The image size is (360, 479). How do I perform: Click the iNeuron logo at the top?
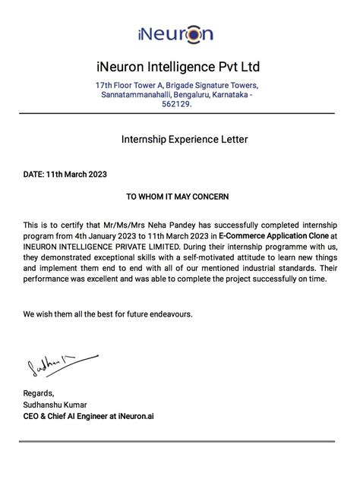click(x=175, y=33)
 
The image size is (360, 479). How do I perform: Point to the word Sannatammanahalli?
click(x=138, y=95)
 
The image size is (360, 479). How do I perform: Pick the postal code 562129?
click(x=175, y=105)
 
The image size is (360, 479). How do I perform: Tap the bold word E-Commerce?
click(x=242, y=235)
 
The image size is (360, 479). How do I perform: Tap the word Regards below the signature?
click(x=38, y=393)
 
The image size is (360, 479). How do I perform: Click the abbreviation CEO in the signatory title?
click(x=32, y=416)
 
